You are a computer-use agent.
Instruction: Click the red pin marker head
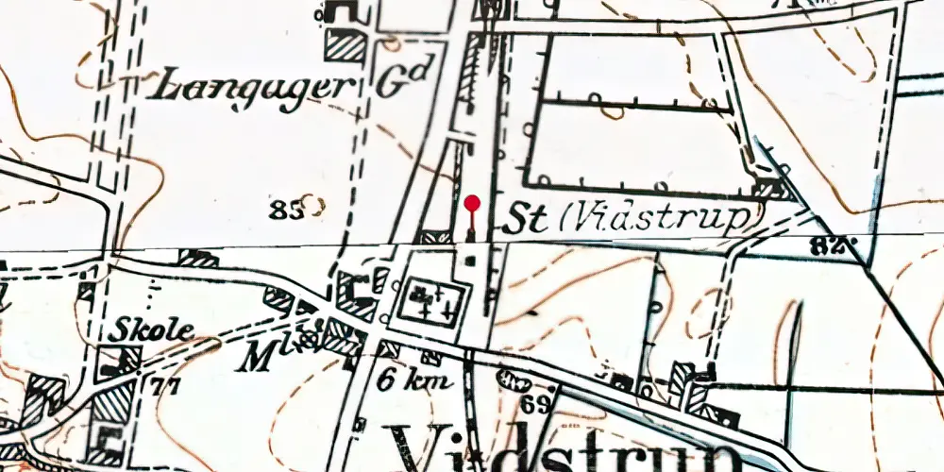tap(472, 202)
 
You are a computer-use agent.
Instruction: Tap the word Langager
tap(252, 87)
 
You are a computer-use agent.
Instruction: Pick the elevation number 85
tap(284, 210)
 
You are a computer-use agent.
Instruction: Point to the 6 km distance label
tap(416, 380)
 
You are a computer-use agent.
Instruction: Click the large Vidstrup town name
tap(557, 448)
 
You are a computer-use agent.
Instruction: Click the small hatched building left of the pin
tap(435, 236)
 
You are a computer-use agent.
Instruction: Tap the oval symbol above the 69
tap(515, 381)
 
